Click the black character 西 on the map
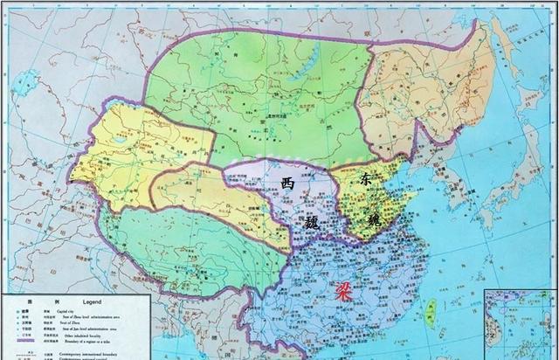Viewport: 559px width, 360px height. (287, 183)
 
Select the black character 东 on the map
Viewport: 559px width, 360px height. (363, 179)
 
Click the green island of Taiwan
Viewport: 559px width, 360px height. (430, 308)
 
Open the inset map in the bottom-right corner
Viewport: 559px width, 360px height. (521, 324)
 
